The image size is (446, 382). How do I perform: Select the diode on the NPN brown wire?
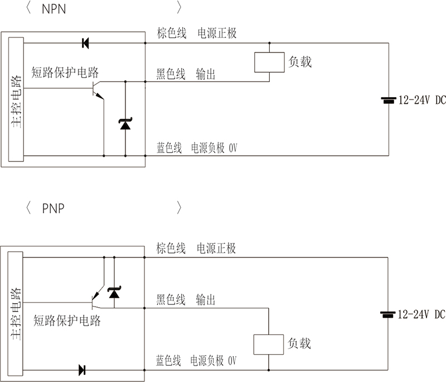click(x=85, y=42)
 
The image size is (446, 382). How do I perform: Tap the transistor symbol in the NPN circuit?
click(x=98, y=89)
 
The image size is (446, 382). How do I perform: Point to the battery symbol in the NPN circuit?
click(x=388, y=101)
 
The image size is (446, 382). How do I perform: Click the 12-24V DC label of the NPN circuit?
click(x=421, y=101)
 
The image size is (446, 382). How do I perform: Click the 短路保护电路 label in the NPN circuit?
click(x=66, y=72)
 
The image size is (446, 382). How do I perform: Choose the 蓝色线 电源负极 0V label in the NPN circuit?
click(x=197, y=148)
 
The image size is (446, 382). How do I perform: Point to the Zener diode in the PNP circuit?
click(x=114, y=292)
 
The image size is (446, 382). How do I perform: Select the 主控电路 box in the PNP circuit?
click(x=16, y=314)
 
